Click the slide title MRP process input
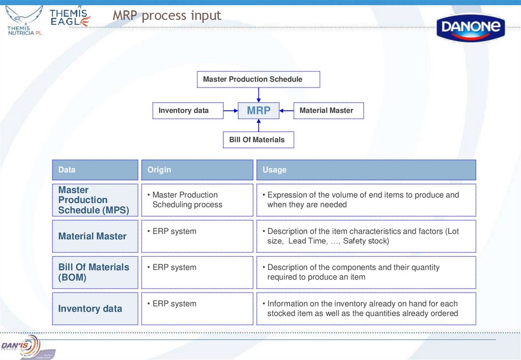pos(167,16)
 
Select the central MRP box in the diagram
pos(258,110)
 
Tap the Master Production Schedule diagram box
pos(258,79)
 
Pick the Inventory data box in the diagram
pos(188,110)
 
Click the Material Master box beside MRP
pos(329,110)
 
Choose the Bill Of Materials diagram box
pos(258,140)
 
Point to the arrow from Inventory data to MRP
pos(230,110)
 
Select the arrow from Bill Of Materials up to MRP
pos(258,126)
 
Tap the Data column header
pos(95,170)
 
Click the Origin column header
pos(197,170)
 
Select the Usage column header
pos(366,170)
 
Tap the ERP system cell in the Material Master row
pos(174,231)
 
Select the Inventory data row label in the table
pos(91,309)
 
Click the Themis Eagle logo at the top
pos(70,17)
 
